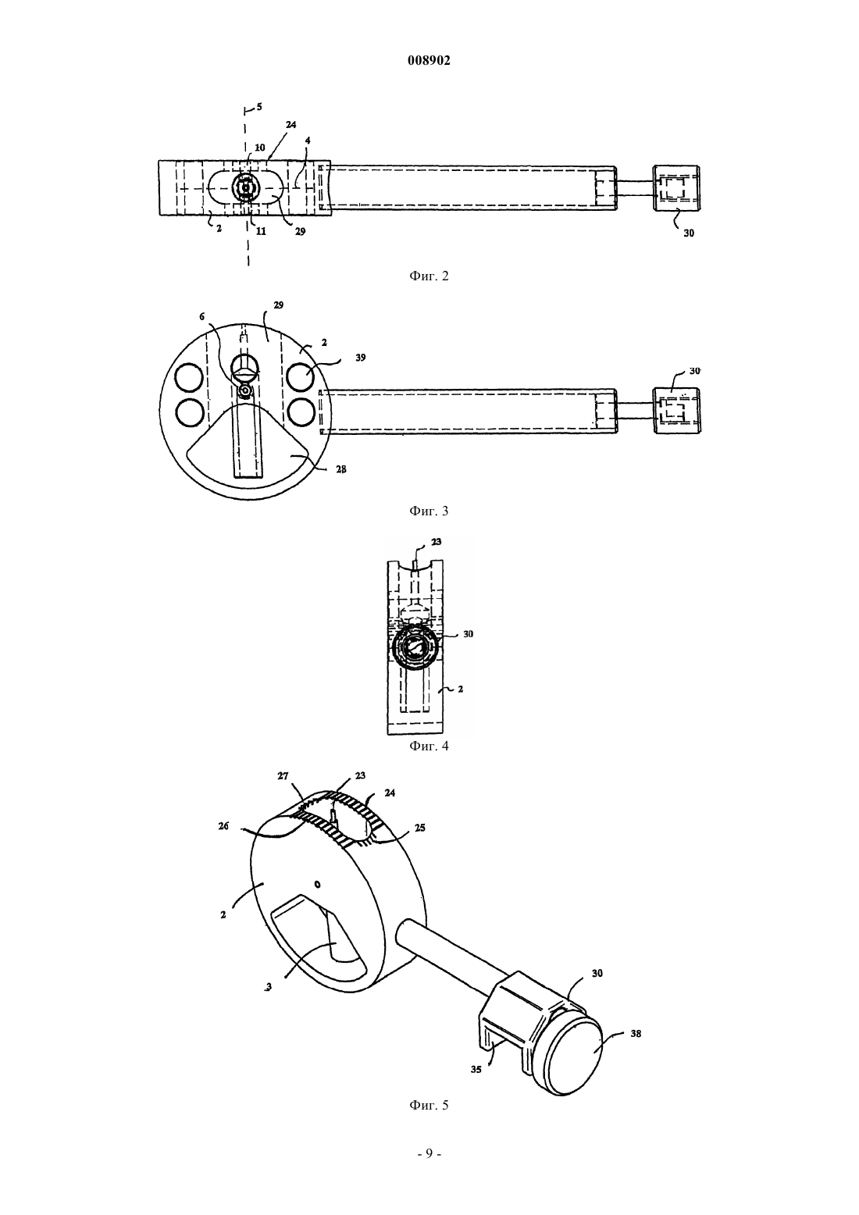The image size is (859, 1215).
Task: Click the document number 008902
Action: click(x=429, y=61)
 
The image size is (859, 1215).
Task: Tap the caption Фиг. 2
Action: click(x=429, y=276)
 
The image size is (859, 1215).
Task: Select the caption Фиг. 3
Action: click(x=429, y=511)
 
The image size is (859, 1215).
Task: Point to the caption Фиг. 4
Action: click(x=429, y=746)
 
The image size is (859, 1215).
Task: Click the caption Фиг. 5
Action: click(x=429, y=1106)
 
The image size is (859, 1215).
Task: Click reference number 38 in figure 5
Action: click(x=636, y=1034)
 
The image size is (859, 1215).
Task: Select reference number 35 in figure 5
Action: click(x=476, y=1071)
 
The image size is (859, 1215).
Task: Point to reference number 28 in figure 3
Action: click(x=340, y=469)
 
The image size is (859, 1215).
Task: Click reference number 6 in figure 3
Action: click(x=202, y=317)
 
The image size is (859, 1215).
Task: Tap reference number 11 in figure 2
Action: click(x=261, y=231)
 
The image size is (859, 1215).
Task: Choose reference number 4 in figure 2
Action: click(x=308, y=141)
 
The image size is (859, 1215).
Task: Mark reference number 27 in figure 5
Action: click(x=283, y=776)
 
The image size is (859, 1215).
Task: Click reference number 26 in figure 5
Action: click(x=223, y=826)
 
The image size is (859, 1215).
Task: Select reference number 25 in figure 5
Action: click(x=420, y=828)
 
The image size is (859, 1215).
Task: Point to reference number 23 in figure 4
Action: click(x=436, y=542)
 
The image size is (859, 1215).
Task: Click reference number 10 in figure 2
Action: click(x=260, y=148)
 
